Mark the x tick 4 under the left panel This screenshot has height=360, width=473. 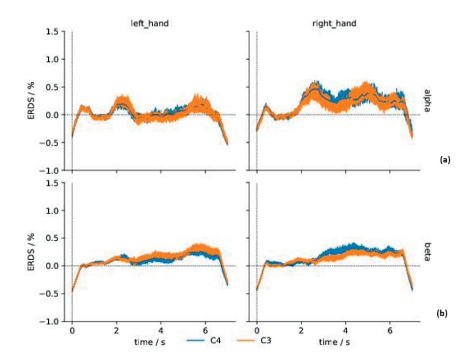pyautogui.click(x=161, y=332)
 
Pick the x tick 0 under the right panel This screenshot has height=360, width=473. pyautogui.click(x=257, y=332)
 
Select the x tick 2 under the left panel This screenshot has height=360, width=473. pyautogui.click(x=116, y=332)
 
